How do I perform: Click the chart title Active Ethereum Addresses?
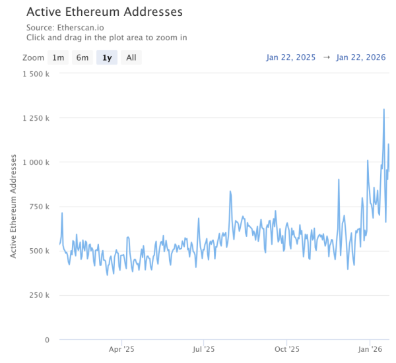(105, 12)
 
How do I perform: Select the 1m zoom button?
(59, 57)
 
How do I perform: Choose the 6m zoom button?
(82, 57)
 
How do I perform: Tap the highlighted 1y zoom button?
(107, 57)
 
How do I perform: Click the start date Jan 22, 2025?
(291, 57)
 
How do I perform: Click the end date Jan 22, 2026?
(361, 57)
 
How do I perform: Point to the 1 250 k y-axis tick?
(36, 118)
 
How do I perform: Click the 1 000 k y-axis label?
(36, 162)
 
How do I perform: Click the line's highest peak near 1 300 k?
(384, 110)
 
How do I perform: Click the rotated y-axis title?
(13, 207)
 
